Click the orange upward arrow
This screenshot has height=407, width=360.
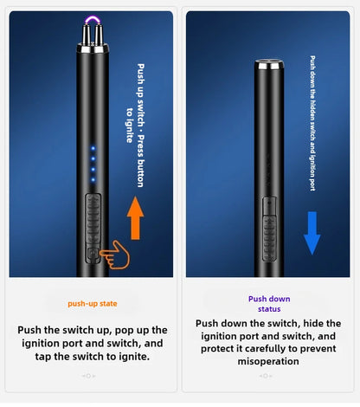pyautogui.click(x=135, y=218)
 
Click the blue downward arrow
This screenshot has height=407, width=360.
pyautogui.click(x=312, y=233)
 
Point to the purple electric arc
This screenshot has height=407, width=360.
pyautogui.click(x=93, y=20)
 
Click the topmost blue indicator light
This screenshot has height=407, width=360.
pyautogui.click(x=93, y=148)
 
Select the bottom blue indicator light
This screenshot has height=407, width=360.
pyautogui.click(x=93, y=180)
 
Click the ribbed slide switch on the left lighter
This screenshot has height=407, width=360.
pyautogui.click(x=93, y=220)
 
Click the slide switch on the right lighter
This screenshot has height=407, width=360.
pyautogui.click(x=269, y=229)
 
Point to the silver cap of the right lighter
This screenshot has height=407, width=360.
pyautogui.click(x=269, y=65)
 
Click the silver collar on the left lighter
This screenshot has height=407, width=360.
pyautogui.click(x=93, y=48)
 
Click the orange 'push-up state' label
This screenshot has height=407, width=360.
pyautogui.click(x=93, y=304)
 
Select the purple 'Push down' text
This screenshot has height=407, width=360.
pyautogui.click(x=269, y=299)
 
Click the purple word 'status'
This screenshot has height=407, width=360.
pyautogui.click(x=269, y=309)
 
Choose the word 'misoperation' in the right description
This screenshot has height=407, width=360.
pyautogui.click(x=268, y=361)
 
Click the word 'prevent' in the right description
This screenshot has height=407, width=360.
pyautogui.click(x=318, y=349)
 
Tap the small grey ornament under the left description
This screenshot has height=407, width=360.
pyautogui.click(x=88, y=376)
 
